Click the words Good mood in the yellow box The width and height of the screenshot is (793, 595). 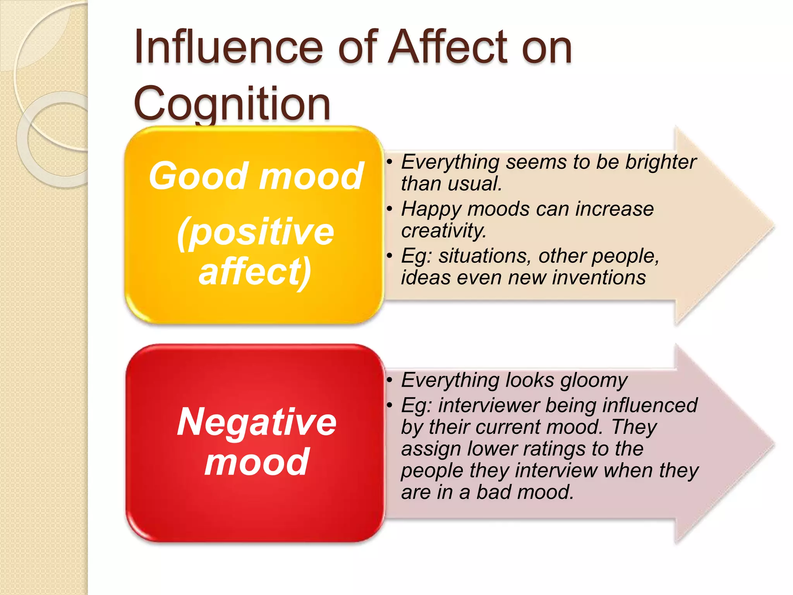(x=256, y=176)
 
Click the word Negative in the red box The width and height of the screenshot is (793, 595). (x=256, y=422)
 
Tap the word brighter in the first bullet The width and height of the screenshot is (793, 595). (x=661, y=162)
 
